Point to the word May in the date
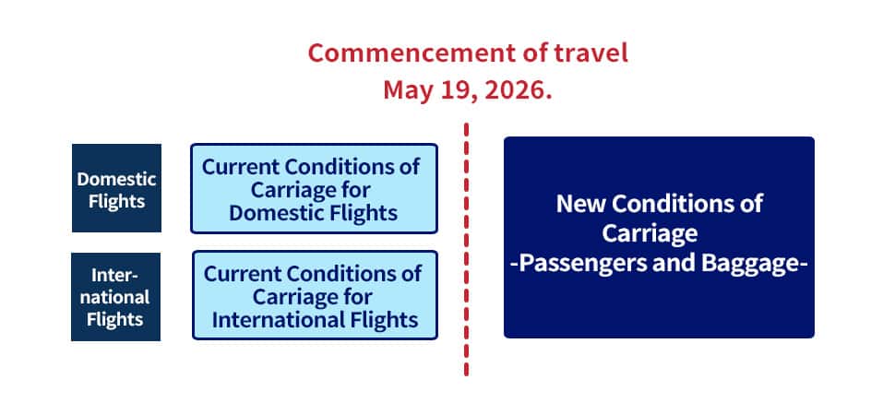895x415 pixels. pos(409,91)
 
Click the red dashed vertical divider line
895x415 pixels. pos(466,249)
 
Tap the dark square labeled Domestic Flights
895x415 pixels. pos(116,188)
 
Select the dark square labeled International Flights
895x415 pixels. pos(116,297)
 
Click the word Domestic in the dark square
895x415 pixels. pos(116,179)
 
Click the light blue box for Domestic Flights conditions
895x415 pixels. pos(314,188)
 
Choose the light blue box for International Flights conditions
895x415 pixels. pos(315,295)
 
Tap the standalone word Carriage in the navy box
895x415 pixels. pos(650,233)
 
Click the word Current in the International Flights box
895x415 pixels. pos(243,273)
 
